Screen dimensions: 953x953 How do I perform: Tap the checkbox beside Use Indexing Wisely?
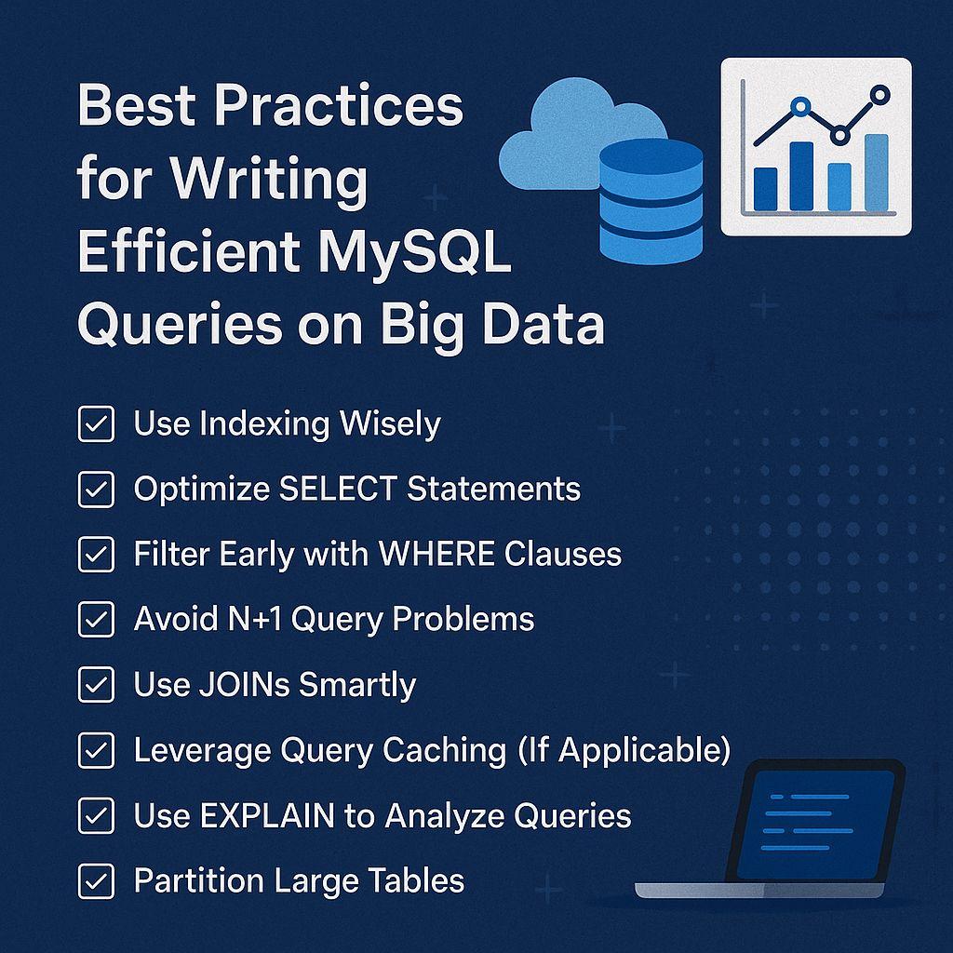point(96,424)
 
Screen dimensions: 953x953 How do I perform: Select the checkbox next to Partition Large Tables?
point(96,880)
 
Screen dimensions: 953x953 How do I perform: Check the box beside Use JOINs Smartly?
point(96,685)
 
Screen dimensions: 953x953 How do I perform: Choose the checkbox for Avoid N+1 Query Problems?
point(96,620)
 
